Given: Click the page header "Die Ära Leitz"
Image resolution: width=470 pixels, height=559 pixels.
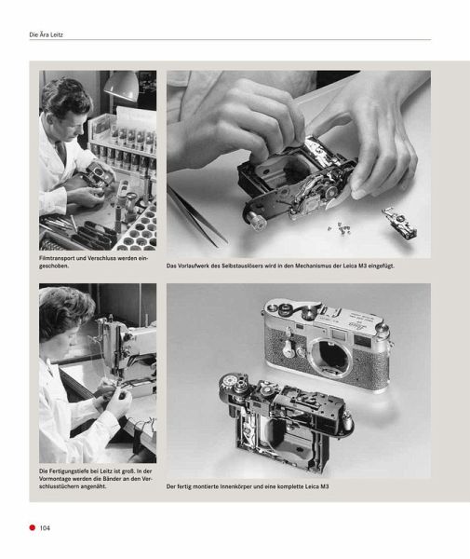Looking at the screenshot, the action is coord(46,35).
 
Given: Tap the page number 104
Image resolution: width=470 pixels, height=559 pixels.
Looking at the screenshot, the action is coord(45,528).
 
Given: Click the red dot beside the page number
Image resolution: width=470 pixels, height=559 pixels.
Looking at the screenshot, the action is coord(33,527).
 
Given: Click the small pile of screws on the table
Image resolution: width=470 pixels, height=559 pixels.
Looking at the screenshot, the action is coord(340,228).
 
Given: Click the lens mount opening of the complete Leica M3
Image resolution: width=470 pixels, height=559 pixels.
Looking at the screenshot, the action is coord(330,358).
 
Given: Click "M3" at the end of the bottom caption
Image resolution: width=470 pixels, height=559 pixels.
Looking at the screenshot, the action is coord(324,486).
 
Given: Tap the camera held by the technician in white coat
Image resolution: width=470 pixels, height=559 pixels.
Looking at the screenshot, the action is coord(97,175).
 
